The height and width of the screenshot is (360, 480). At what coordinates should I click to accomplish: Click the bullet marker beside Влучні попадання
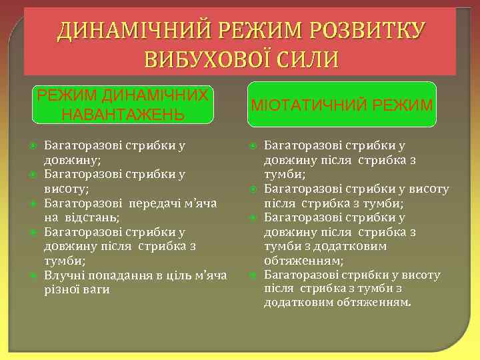point(31,275)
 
